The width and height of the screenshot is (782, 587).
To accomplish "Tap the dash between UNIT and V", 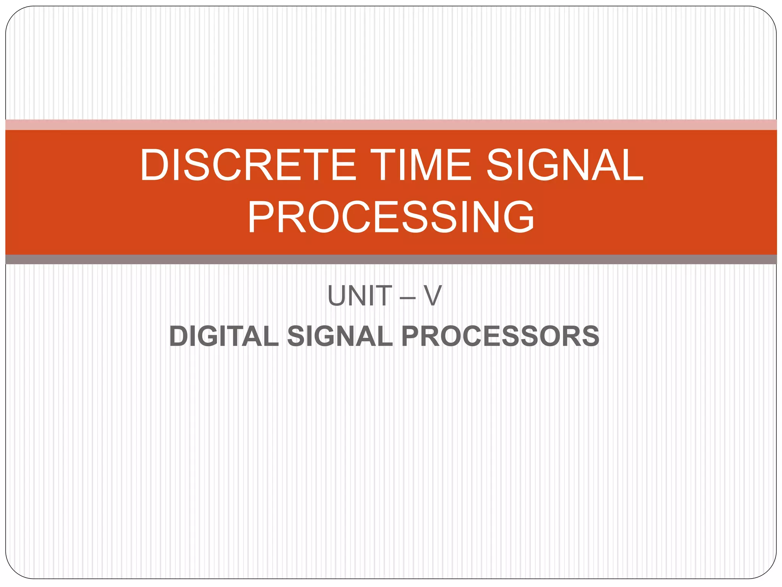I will point(408,297).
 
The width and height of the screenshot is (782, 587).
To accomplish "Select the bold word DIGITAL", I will point(224,336).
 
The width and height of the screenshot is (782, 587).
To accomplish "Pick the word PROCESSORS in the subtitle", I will point(500,336).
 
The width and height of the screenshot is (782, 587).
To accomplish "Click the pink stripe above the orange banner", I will point(391,125).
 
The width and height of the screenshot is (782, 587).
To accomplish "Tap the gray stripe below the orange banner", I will point(391,259).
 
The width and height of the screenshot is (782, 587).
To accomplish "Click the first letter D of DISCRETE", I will point(155,165).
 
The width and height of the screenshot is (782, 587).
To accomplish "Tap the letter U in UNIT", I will point(336,296).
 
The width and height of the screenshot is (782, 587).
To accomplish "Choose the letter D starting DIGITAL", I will point(180,336).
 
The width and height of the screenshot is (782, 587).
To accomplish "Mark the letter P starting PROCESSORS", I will point(410,336).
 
